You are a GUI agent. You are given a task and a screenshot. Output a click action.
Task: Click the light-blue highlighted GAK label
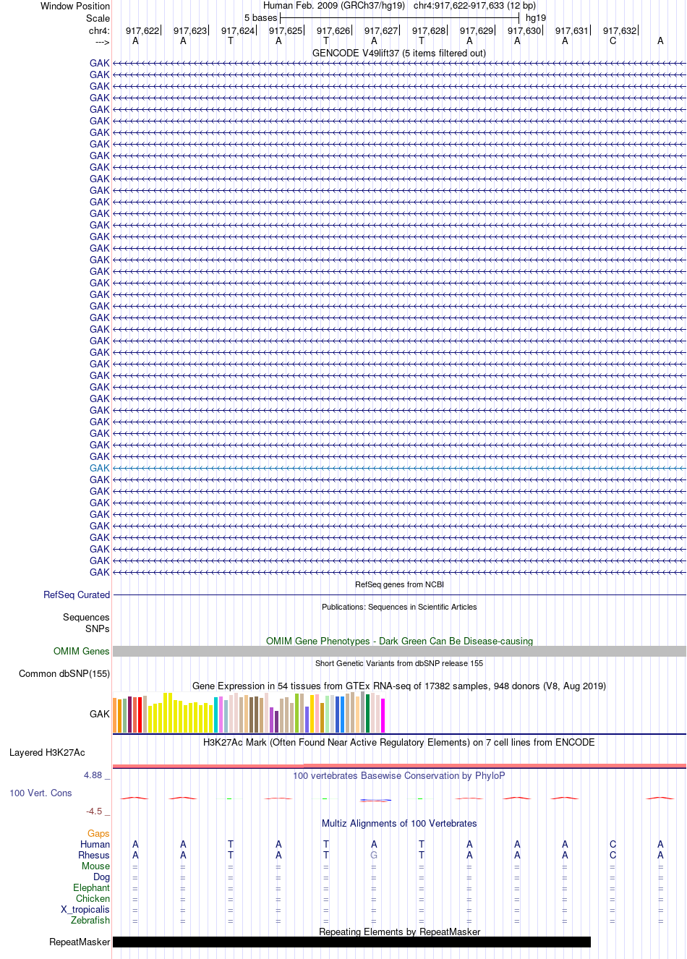click(99, 468)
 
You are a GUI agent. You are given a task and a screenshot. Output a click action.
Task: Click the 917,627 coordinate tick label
click(380, 31)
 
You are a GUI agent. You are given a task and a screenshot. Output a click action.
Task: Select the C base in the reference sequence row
click(613, 41)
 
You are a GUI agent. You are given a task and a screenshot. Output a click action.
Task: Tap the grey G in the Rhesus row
click(374, 855)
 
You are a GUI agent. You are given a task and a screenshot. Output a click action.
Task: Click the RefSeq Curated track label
click(77, 594)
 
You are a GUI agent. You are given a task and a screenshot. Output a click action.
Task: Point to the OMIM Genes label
click(81, 651)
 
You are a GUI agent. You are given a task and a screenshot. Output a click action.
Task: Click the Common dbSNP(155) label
click(64, 674)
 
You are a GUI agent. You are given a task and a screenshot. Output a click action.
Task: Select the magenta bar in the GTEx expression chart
click(383, 715)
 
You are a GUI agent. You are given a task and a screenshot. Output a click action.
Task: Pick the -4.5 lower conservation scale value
click(94, 811)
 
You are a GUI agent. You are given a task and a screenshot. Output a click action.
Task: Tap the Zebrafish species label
click(90, 920)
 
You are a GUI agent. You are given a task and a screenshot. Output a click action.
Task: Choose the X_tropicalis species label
click(85, 909)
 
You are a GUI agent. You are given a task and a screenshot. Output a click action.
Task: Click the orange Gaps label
click(98, 833)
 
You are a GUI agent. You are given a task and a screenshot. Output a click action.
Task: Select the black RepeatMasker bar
click(351, 942)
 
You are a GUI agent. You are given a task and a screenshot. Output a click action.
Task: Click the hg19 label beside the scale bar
click(535, 18)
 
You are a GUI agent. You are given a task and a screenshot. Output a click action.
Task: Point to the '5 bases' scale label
click(260, 18)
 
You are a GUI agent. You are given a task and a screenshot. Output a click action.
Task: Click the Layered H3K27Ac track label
click(47, 752)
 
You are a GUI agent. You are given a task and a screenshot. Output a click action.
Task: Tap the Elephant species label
click(91, 887)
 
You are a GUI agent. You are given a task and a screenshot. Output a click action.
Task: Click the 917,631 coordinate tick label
click(571, 31)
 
